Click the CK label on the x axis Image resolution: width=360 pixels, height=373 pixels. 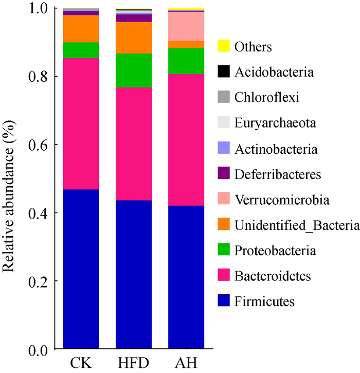point(81,361)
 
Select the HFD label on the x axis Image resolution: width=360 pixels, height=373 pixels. point(134,361)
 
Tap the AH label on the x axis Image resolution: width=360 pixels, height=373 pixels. point(186,361)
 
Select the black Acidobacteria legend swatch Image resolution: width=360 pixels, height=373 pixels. point(223,72)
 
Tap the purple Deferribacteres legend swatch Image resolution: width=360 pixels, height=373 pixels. point(223,174)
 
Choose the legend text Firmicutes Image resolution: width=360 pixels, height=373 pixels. point(264,301)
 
